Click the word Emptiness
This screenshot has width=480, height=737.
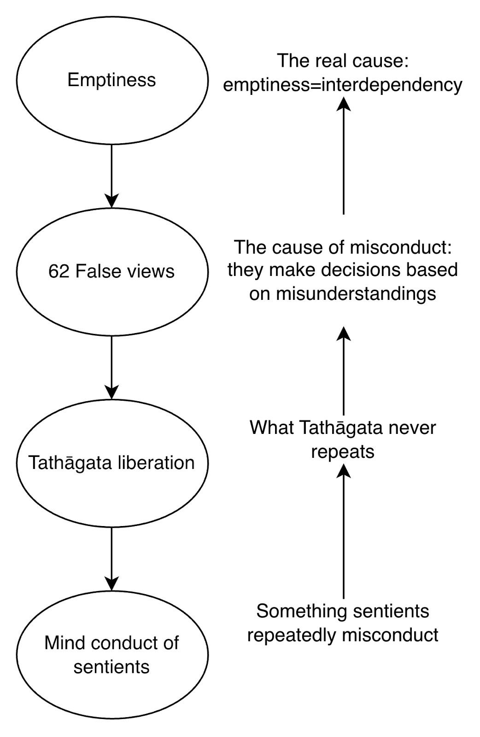click(x=111, y=80)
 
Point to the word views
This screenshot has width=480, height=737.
click(x=151, y=272)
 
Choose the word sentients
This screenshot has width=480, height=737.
click(x=111, y=667)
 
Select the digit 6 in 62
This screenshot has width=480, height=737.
click(x=53, y=272)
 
